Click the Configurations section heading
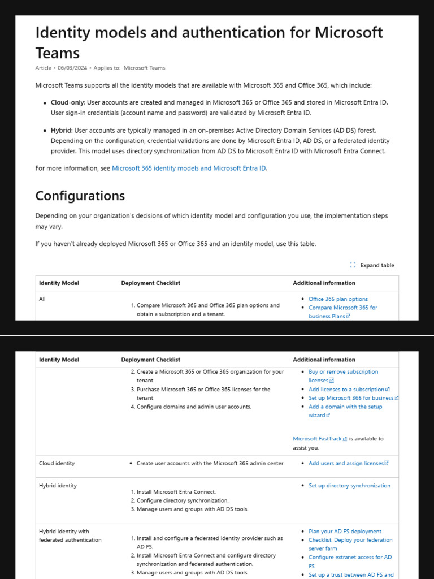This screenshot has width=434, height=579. pos(80,196)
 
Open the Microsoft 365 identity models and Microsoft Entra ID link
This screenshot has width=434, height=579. pos(189,168)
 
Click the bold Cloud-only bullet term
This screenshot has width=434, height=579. pos(68,102)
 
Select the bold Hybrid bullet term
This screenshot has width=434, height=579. pos(62,131)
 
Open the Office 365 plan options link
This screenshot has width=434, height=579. pos(338,299)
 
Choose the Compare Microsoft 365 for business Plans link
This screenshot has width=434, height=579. pos(342,308)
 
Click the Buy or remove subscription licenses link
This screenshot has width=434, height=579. pos(343,372)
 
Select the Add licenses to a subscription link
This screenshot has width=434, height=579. pos(346,390)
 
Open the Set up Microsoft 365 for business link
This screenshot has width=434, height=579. pos(351,398)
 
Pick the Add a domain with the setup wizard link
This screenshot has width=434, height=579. pos(345,407)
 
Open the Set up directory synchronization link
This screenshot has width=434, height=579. pos(349,486)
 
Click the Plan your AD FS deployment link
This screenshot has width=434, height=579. pos(345,532)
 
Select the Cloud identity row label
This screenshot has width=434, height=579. pos(57,464)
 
